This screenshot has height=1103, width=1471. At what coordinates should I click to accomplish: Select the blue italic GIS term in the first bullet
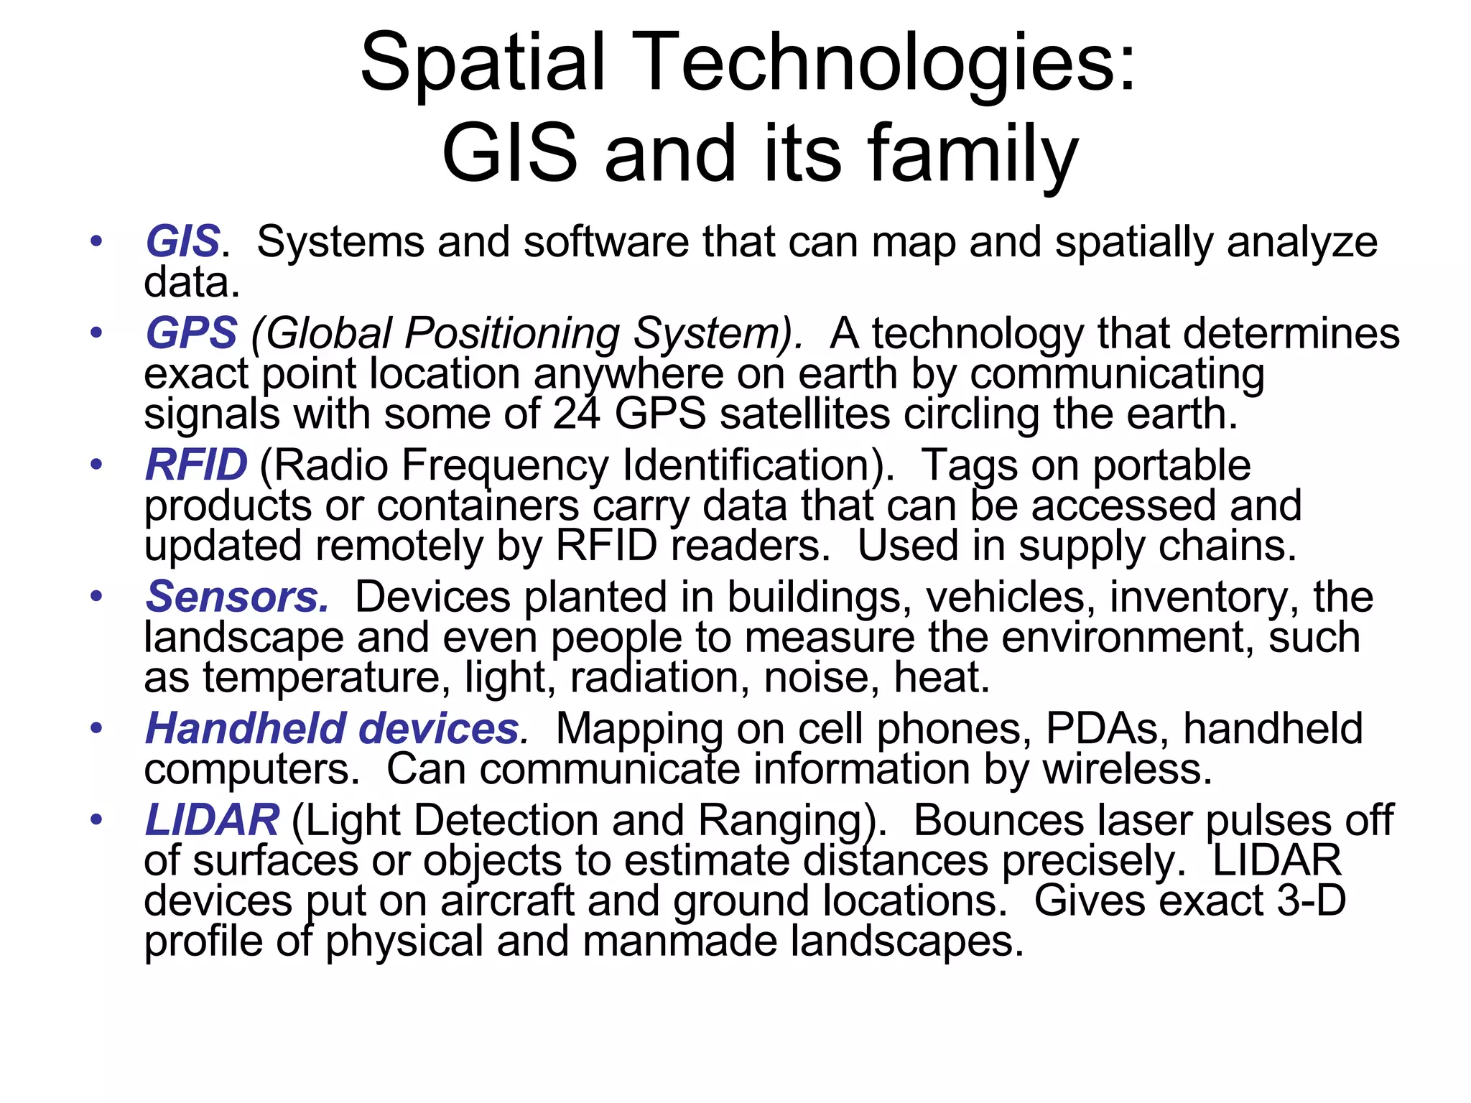click(182, 241)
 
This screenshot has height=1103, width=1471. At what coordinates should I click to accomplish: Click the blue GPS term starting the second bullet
click(191, 333)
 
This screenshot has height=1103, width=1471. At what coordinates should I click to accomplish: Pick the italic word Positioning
click(512, 334)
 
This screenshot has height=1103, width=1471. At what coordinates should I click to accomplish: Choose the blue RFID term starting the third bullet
click(196, 465)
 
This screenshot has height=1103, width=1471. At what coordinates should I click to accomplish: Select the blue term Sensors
click(237, 597)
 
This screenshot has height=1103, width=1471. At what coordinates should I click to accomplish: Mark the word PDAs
click(1103, 729)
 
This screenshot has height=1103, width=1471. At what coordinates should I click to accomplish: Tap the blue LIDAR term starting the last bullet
click(212, 820)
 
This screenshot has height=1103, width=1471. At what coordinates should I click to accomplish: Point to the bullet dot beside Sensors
click(96, 596)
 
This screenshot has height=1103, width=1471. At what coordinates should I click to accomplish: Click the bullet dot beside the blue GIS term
click(96, 241)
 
